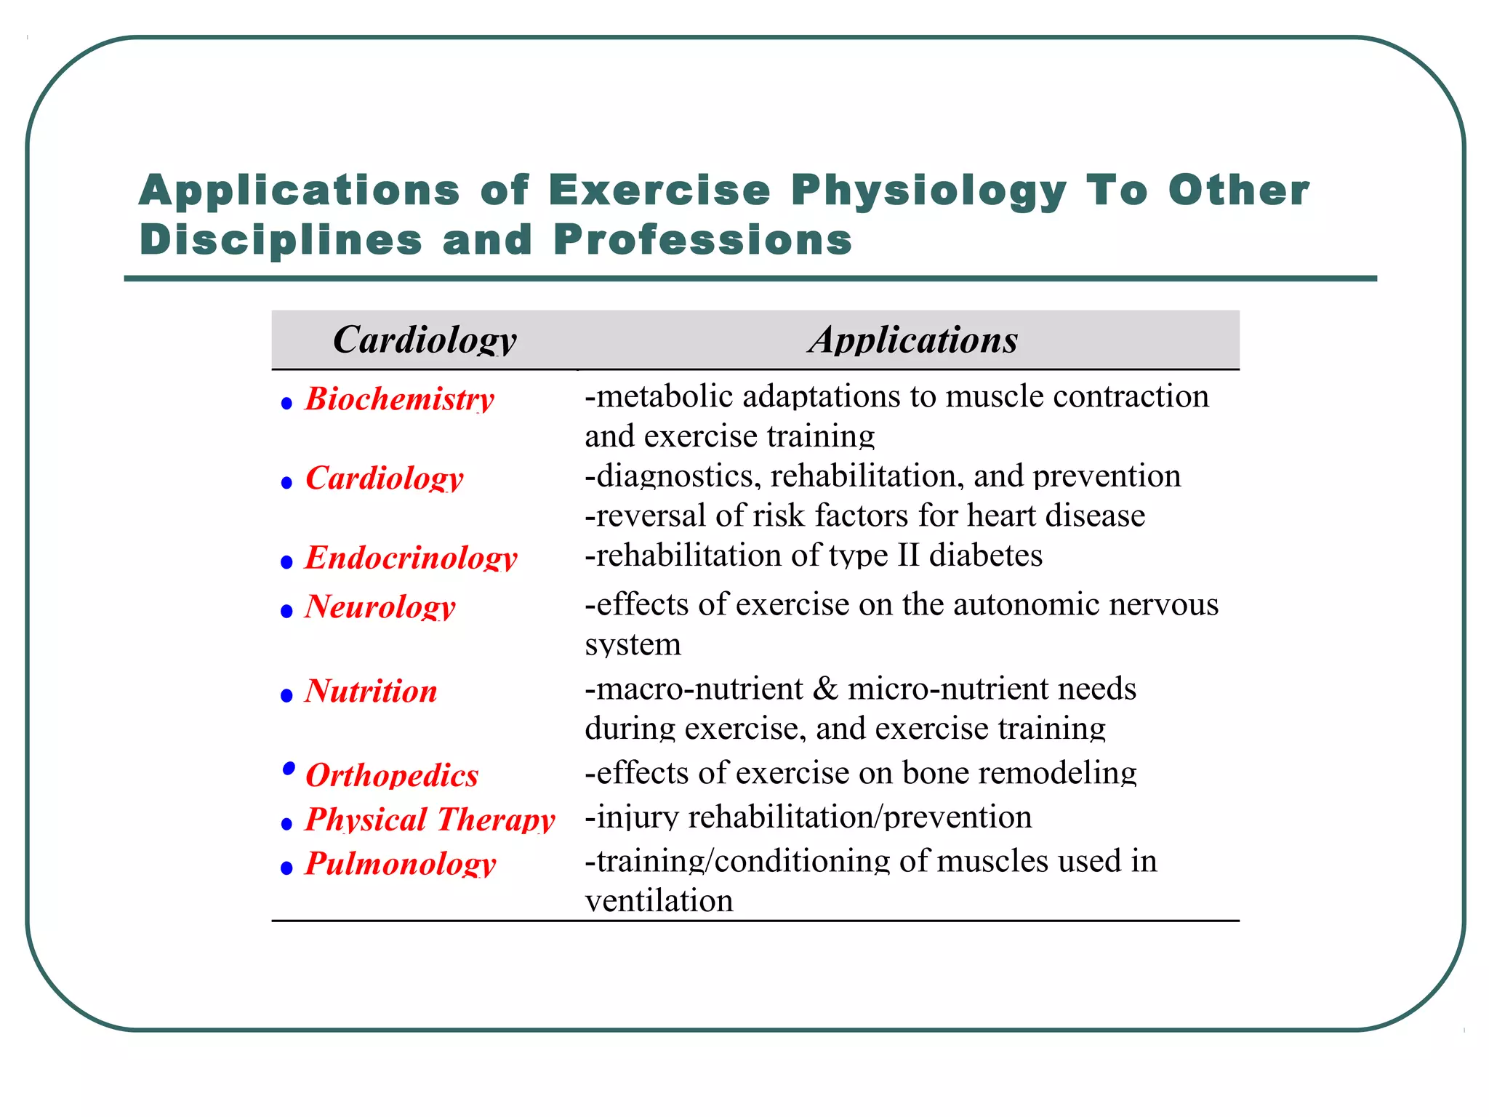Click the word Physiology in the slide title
(x=928, y=191)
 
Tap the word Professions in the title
(x=702, y=240)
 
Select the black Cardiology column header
(x=425, y=340)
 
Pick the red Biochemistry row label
(x=399, y=399)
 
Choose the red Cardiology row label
(x=384, y=479)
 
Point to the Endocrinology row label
(x=411, y=558)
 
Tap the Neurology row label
(x=380, y=606)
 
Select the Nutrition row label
(x=371, y=691)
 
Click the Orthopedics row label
(x=392, y=775)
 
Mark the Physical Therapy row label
(x=430, y=820)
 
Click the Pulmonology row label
(x=400, y=864)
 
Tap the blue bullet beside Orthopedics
(x=289, y=768)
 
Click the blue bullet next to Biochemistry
(x=286, y=404)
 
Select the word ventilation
(x=659, y=901)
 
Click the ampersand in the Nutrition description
(x=825, y=689)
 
